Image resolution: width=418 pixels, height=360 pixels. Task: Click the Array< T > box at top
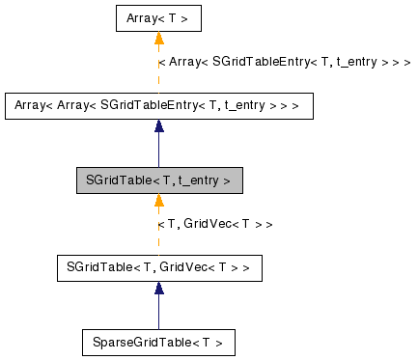click(158, 19)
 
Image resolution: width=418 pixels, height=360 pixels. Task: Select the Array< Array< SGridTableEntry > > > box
click(158, 105)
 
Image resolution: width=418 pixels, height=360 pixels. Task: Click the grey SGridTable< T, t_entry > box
click(158, 180)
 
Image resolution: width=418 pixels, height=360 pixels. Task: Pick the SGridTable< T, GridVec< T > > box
click(158, 266)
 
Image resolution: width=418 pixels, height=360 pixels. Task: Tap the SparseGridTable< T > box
click(158, 342)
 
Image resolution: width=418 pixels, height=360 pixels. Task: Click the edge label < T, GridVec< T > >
click(214, 224)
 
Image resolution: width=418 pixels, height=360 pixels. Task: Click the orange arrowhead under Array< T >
click(158, 40)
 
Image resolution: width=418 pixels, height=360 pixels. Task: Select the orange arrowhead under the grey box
click(158, 201)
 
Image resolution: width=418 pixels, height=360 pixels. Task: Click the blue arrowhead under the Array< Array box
click(158, 126)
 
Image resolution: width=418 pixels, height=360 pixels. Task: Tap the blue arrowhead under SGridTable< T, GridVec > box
click(158, 288)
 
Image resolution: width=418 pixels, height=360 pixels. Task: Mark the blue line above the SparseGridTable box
click(158, 311)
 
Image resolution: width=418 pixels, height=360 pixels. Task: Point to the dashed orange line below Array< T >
click(158, 72)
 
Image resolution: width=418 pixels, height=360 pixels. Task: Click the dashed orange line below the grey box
click(158, 232)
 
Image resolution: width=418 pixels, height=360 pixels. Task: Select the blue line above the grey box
click(158, 150)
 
